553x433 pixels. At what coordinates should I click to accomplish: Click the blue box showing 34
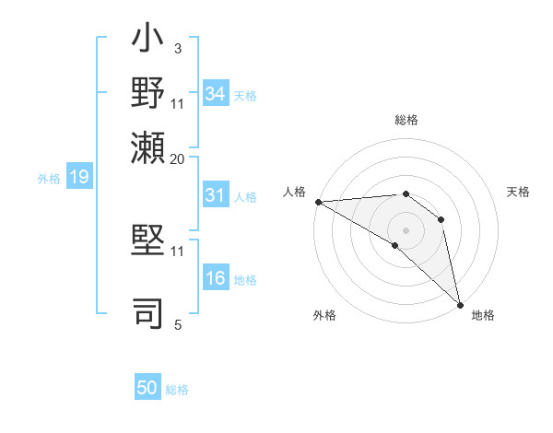[215, 94]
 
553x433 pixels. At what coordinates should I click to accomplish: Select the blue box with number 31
[215, 196]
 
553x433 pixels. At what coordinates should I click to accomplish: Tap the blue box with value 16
[215, 279]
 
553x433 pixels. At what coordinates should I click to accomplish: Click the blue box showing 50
[147, 388]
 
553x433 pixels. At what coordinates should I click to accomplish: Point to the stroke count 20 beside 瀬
[178, 158]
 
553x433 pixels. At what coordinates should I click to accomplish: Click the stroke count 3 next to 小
[177, 47]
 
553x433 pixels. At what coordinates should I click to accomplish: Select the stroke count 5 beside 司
[177, 324]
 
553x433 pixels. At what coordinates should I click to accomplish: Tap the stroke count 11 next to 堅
[178, 251]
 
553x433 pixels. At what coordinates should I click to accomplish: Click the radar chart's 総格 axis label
[406, 120]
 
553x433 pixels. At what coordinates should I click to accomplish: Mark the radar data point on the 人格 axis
[318, 202]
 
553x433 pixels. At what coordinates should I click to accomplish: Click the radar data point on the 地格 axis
[460, 304]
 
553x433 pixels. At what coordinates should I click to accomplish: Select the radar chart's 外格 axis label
[324, 315]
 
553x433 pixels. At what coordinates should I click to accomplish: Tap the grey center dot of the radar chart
[406, 228]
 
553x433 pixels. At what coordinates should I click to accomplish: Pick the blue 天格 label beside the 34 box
[245, 95]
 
